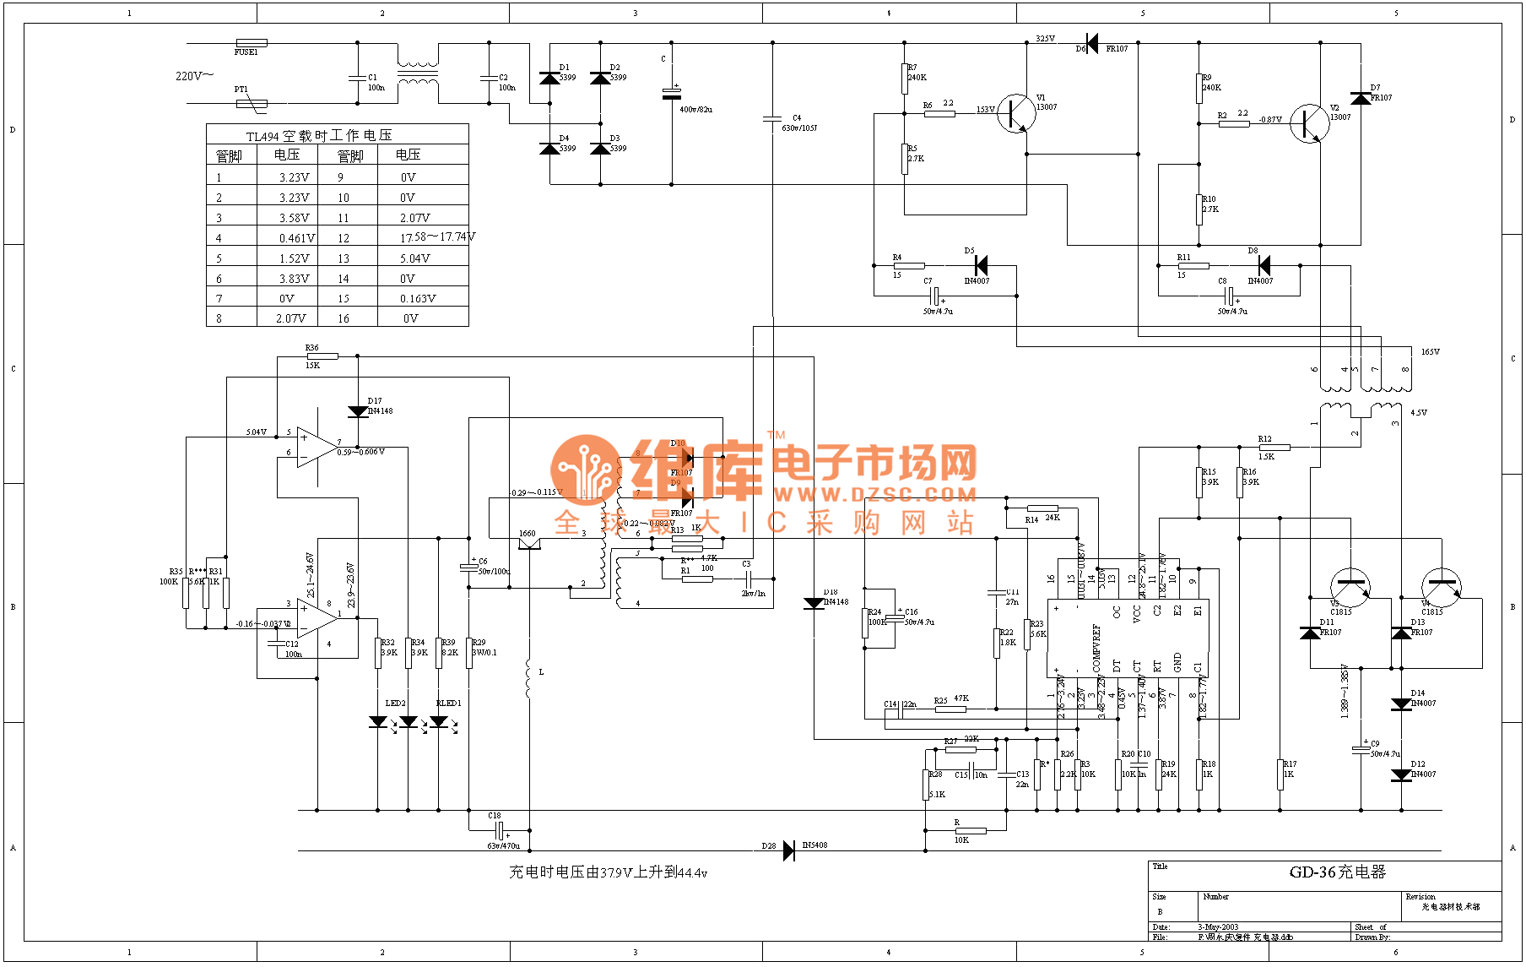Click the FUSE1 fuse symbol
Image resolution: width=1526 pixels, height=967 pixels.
[x=252, y=42]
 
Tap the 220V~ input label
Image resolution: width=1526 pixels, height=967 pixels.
[x=194, y=76]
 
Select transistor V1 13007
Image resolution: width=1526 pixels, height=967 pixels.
[x=1015, y=113]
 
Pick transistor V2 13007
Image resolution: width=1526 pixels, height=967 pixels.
[x=1309, y=123]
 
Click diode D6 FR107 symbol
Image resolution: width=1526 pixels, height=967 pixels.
[x=1092, y=43]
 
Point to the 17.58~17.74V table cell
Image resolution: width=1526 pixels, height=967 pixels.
[x=437, y=237]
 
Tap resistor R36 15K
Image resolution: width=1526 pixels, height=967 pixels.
[x=322, y=356]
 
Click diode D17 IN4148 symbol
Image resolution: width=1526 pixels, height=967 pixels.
[x=358, y=411]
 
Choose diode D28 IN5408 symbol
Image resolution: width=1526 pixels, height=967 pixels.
[x=789, y=850]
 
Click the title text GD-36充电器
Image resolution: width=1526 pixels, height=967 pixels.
[x=1337, y=872]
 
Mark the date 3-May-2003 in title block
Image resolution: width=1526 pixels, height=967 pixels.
[x=1218, y=927]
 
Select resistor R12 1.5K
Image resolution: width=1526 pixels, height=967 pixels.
[x=1274, y=448]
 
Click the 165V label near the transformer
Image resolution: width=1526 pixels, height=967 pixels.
[x=1430, y=352]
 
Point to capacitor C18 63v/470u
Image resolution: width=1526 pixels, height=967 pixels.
[x=500, y=831]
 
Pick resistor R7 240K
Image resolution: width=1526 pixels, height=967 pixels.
[x=905, y=78]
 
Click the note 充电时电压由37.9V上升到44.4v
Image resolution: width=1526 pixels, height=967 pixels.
[x=608, y=872]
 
